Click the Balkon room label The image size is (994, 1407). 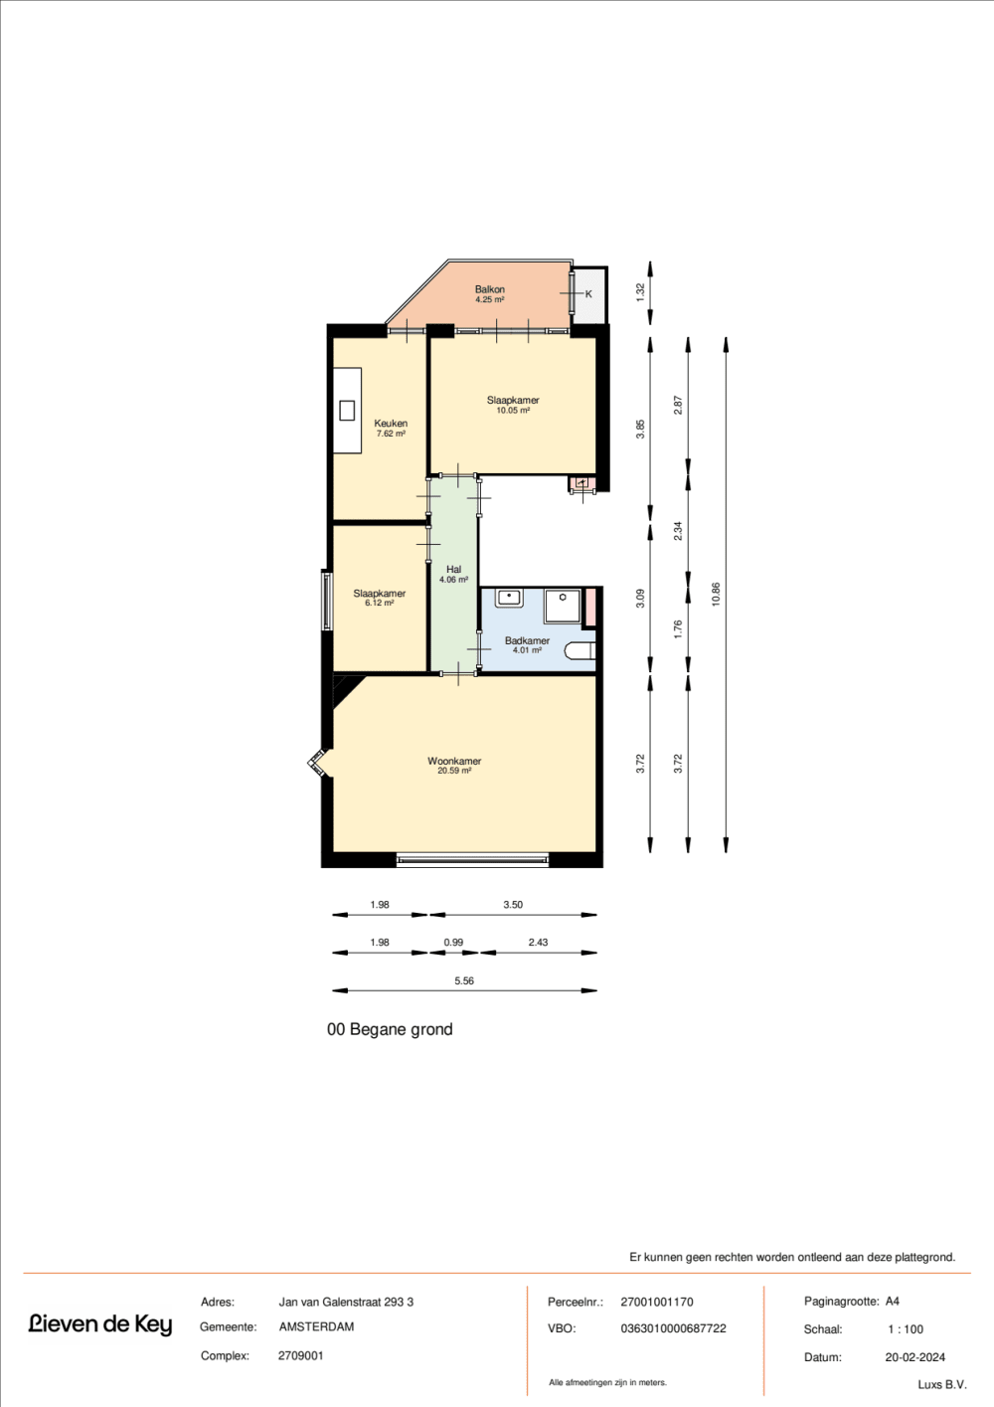click(x=489, y=289)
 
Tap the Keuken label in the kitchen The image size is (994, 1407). click(x=391, y=423)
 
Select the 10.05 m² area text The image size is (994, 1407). click(x=513, y=411)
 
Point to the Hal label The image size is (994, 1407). click(x=453, y=570)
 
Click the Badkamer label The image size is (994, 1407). click(x=527, y=640)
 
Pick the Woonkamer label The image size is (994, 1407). click(x=454, y=761)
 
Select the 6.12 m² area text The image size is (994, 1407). click(x=379, y=603)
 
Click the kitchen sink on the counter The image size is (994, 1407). click(x=347, y=410)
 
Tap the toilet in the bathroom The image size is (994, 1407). click(x=580, y=651)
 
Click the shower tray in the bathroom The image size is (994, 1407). click(x=563, y=605)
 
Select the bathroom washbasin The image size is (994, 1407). click(x=509, y=598)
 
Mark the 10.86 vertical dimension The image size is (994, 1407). click(x=716, y=594)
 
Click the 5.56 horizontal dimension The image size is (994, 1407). click(x=464, y=980)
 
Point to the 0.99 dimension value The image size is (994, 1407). click(x=453, y=942)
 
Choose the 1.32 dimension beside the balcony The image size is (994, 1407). click(x=640, y=291)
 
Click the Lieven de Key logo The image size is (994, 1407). click(x=100, y=1323)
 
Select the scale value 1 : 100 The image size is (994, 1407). click(x=906, y=1328)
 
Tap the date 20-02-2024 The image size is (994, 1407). click(x=914, y=1356)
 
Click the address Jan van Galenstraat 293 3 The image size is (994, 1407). click(x=346, y=1302)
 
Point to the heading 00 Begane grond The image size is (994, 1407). click(x=390, y=1029)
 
